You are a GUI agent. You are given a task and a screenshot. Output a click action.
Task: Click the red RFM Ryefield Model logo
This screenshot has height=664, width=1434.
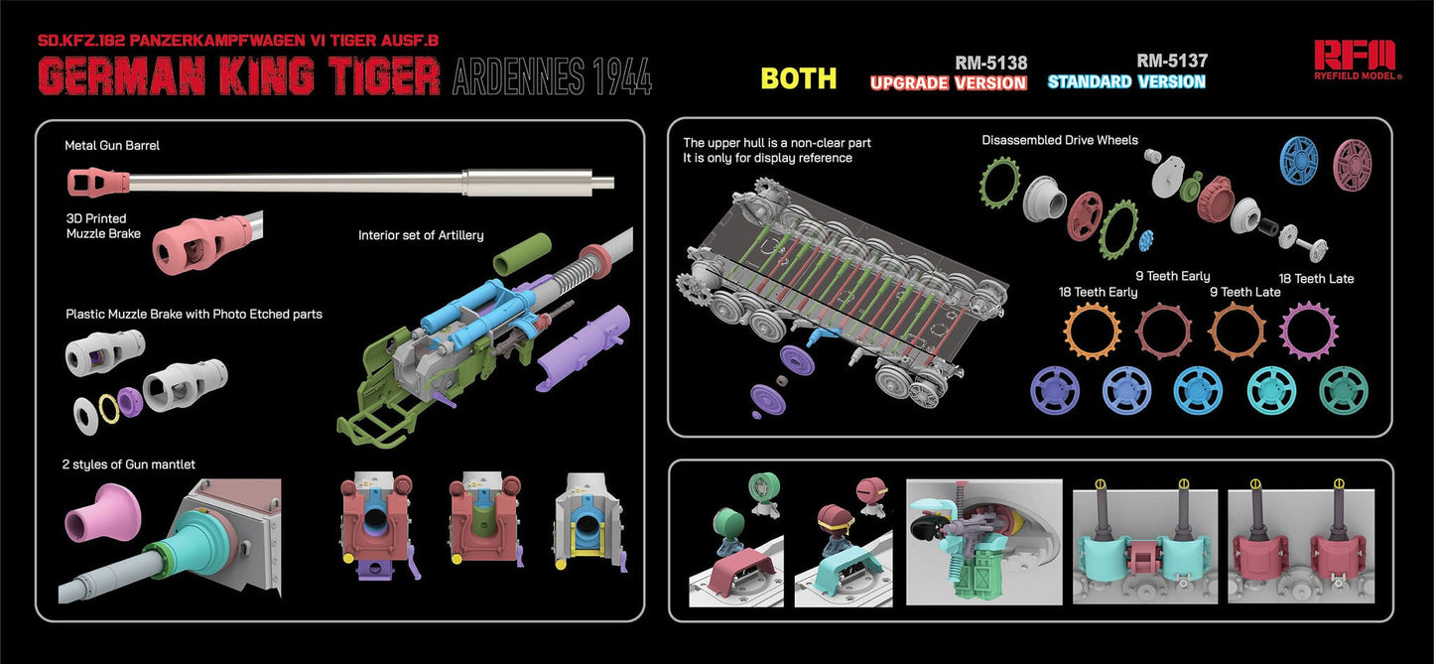coord(1356,58)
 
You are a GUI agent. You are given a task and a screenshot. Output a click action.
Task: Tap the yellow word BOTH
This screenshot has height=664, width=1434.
coord(799,78)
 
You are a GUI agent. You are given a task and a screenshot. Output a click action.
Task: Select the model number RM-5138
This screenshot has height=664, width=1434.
coord(990,63)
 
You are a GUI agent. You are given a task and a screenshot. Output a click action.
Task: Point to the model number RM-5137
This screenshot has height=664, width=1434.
coord(1172,62)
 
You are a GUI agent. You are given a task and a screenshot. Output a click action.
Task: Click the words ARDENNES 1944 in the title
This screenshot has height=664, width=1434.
coord(552,77)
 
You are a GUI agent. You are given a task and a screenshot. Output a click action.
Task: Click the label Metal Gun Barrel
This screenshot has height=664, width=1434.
coord(112,145)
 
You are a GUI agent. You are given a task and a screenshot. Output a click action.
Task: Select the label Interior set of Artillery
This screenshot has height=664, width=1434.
coord(421,235)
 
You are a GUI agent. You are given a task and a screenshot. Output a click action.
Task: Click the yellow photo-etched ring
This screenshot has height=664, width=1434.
coord(100,409)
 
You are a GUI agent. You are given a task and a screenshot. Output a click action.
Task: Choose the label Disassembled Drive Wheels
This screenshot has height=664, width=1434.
coord(1059,140)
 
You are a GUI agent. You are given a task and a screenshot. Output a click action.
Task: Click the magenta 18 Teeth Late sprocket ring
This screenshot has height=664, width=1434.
coord(1310,327)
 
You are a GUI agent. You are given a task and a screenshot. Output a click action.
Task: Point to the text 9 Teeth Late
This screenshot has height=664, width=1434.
coord(1244,292)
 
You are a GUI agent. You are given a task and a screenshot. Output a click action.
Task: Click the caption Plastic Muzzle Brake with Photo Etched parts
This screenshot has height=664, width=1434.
coord(194,314)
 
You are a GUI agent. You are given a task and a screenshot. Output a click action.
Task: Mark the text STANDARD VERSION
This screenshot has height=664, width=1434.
coord(1126,81)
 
